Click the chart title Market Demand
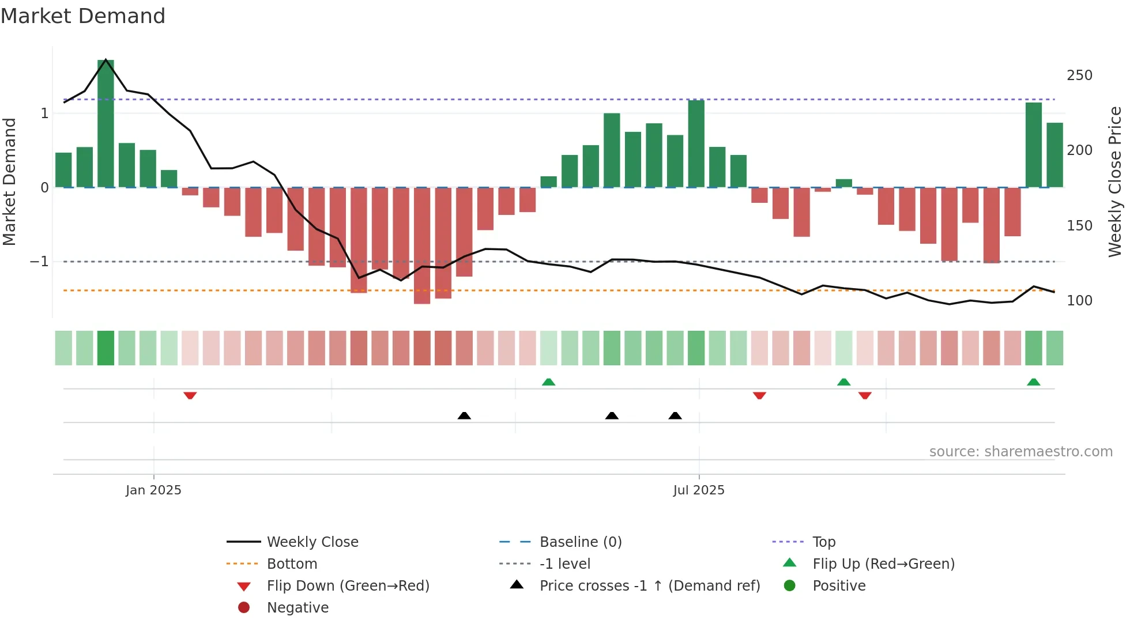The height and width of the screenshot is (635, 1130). [83, 16]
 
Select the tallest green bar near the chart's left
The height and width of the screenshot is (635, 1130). [106, 124]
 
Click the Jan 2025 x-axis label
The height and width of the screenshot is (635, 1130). [153, 490]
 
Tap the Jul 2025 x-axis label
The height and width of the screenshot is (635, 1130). [699, 490]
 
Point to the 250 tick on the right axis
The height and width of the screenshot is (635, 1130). [1079, 75]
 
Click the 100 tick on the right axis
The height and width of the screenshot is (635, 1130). [1079, 301]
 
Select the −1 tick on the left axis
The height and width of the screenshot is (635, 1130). [40, 262]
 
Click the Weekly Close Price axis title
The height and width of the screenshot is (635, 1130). [1115, 182]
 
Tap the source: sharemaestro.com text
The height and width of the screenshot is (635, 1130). [1020, 452]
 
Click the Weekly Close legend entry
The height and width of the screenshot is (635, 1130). [312, 542]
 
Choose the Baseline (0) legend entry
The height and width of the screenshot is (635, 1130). [580, 542]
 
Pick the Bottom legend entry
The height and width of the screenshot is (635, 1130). [292, 564]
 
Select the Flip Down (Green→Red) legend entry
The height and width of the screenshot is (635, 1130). [348, 586]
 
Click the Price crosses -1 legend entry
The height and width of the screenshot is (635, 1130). [649, 586]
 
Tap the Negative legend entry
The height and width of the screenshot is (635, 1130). [297, 608]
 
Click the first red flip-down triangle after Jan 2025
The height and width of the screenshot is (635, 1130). [190, 395]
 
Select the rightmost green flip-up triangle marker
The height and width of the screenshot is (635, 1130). [1034, 382]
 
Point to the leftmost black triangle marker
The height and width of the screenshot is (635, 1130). [464, 415]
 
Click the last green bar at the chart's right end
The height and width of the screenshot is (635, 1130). [1055, 156]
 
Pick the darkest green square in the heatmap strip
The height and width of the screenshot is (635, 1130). [106, 348]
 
